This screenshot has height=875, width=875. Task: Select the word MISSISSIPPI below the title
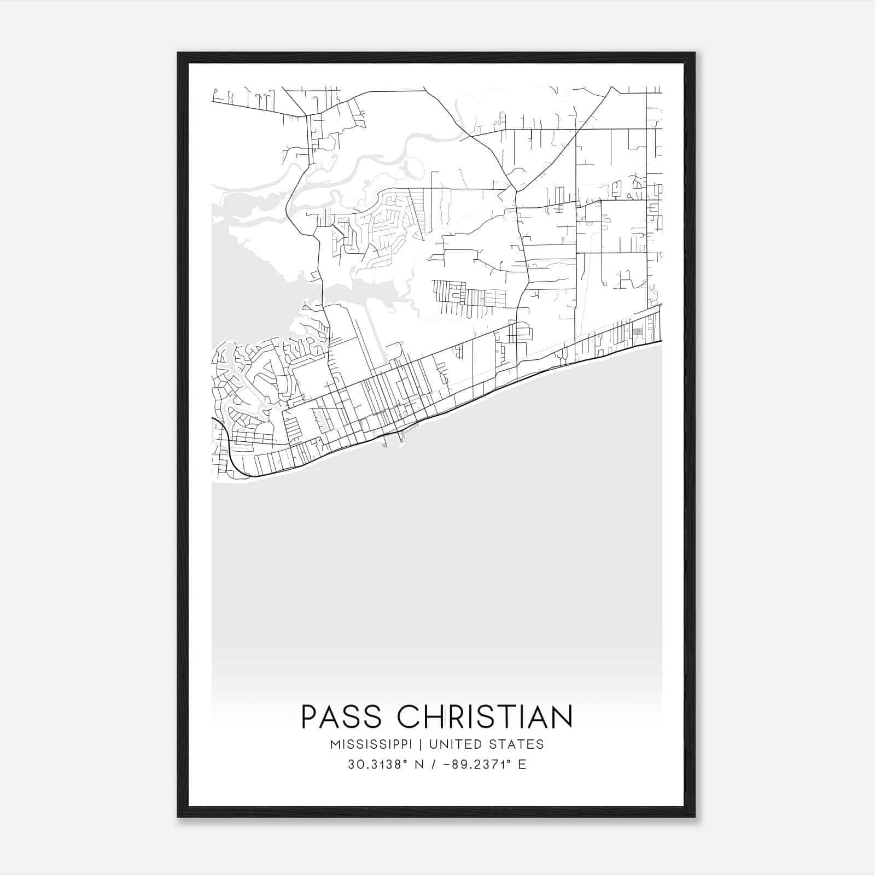375,744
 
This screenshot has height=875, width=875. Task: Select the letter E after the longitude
522,765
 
